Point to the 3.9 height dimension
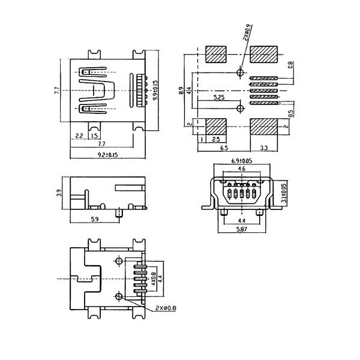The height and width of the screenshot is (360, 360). coord(58,193)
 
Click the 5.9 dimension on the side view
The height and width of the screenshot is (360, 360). coord(94,220)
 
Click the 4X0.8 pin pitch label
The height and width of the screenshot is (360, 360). coord(154,279)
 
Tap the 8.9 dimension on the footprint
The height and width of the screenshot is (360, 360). coord(181,91)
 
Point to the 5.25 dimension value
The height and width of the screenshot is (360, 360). coord(219,97)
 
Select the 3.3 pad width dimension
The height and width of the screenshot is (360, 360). coord(264,147)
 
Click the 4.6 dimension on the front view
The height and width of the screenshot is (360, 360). coord(241,170)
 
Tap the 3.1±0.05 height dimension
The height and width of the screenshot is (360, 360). coord(284,193)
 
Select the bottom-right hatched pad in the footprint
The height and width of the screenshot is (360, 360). coord(265,127)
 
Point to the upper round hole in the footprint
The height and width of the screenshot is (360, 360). coord(241,73)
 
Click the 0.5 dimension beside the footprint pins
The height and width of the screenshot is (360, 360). coord(290,113)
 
